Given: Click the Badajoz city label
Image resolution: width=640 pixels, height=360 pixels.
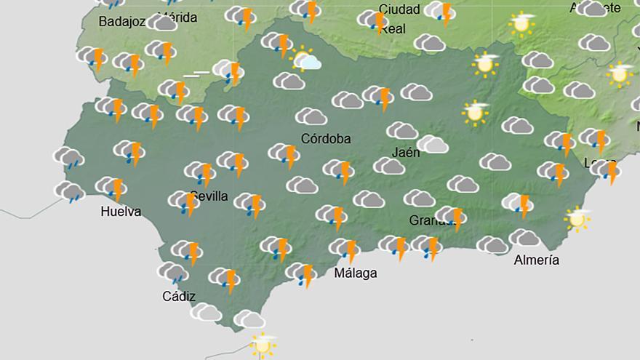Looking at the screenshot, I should click(121, 21).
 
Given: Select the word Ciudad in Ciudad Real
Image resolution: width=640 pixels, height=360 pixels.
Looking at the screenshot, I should click(399, 9).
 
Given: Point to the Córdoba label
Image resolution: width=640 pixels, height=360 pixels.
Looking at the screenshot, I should click(326, 138).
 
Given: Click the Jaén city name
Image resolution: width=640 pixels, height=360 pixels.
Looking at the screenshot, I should click(405, 153).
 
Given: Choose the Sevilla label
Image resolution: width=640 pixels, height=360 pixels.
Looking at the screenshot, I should click(209, 196).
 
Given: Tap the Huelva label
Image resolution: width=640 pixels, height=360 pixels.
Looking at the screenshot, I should click(121, 212).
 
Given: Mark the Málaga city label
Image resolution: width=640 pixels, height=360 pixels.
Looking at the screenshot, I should click(355, 273).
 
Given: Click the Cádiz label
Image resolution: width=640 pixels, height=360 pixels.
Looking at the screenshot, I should click(179, 296).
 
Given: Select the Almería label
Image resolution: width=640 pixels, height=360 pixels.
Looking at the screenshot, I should click(536, 260).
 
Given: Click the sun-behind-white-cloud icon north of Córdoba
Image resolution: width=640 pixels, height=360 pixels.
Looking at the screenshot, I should click(306, 59).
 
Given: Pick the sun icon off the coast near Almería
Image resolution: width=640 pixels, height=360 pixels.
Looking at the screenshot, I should click(578, 218).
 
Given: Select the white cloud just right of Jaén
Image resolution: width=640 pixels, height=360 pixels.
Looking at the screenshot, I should click(433, 144).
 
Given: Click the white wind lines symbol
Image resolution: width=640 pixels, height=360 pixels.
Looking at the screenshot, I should click(196, 74).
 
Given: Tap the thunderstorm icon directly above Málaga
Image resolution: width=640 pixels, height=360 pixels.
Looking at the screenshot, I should click(345, 249).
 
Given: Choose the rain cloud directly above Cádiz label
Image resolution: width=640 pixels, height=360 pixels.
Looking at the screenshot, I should click(174, 273).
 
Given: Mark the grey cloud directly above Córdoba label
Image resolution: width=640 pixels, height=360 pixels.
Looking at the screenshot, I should click(311, 116).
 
